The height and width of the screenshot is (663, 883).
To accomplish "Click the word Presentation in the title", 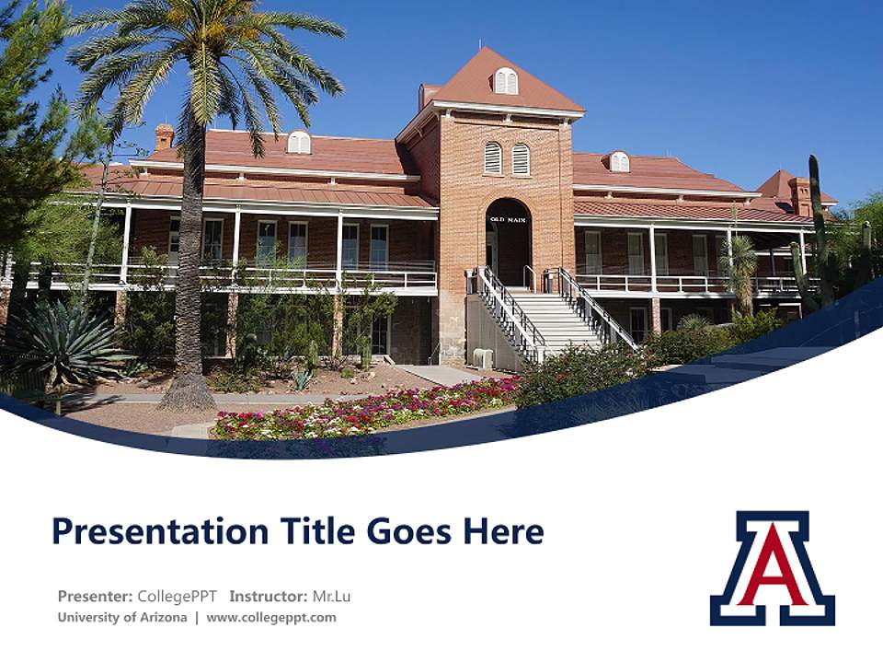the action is click(160, 531).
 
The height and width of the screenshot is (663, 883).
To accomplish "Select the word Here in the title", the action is click(503, 531).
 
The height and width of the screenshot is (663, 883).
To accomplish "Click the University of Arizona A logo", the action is click(772, 568).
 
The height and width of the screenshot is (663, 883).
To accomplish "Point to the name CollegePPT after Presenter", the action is click(178, 596).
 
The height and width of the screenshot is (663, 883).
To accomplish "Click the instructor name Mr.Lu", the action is click(332, 596).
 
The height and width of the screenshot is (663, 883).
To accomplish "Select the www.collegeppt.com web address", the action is click(271, 617).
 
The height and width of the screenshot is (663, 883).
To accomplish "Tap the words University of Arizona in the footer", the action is click(122, 617).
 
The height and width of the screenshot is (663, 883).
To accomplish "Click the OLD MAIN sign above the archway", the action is click(508, 219).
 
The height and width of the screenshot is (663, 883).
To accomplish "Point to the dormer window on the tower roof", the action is click(506, 81).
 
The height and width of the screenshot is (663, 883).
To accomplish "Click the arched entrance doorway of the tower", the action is click(508, 242).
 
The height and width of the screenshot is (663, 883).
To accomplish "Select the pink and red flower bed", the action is click(366, 409).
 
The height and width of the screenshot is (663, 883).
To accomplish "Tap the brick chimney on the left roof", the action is click(164, 137).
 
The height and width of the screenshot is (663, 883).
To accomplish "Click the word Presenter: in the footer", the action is click(95, 596).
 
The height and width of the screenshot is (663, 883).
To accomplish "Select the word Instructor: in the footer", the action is click(269, 596).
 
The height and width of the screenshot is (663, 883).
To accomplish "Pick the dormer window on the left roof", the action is click(299, 142).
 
